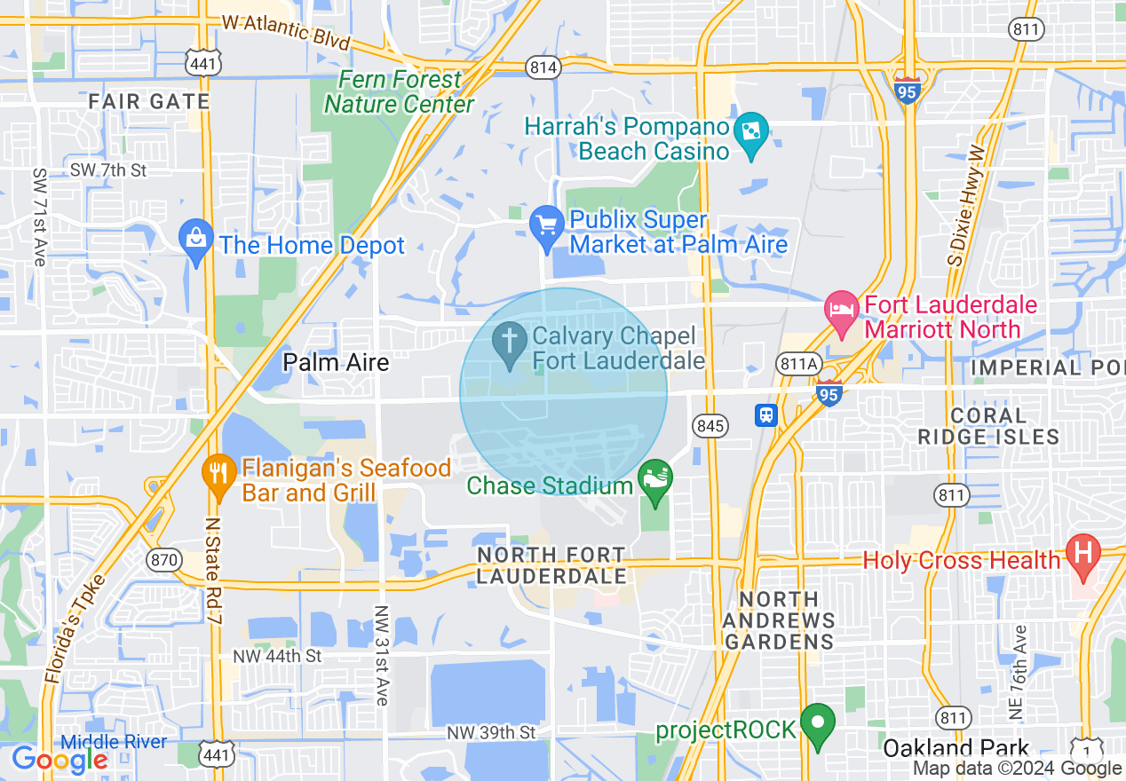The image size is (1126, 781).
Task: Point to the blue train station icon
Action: pyautogui.click(x=766, y=414)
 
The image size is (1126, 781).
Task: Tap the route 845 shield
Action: pyautogui.click(x=711, y=426)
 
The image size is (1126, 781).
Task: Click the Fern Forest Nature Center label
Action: pyautogui.click(x=400, y=92)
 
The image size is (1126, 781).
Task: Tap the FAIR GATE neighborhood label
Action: pyautogui.click(x=149, y=101)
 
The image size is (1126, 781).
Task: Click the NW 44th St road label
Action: pyautogui.click(x=277, y=656)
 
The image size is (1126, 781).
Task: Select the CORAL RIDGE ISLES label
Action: pyautogui.click(x=988, y=426)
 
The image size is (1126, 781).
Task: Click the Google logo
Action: pyautogui.click(x=59, y=760)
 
